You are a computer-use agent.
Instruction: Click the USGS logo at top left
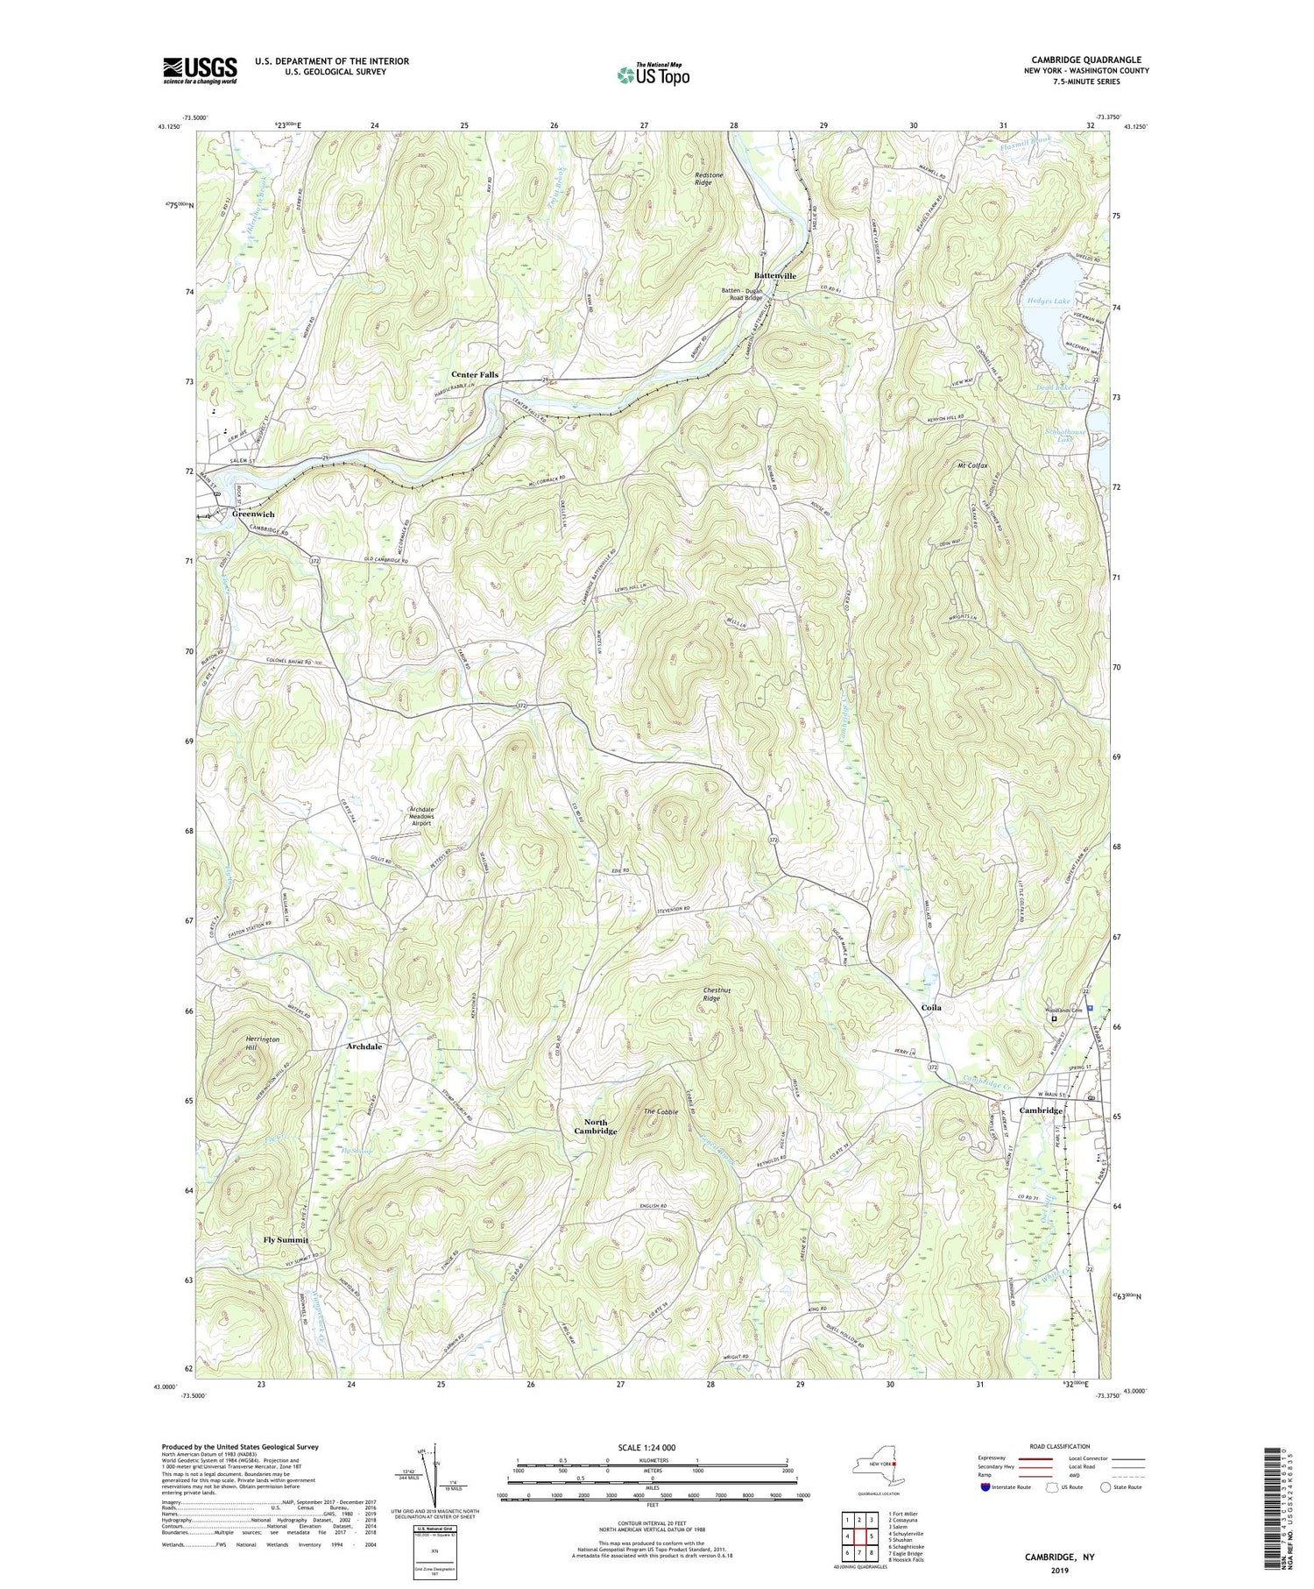pyautogui.click(x=200, y=70)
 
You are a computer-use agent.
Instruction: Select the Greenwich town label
pyautogui.click(x=253, y=514)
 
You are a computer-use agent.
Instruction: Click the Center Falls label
pyautogui.click(x=475, y=374)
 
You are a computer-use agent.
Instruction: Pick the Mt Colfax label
pyautogui.click(x=971, y=465)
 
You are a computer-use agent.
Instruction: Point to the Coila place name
pyautogui.click(x=930, y=1008)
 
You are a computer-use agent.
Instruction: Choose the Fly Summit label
pyautogui.click(x=286, y=1240)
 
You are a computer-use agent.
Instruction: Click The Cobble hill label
pyautogui.click(x=661, y=1112)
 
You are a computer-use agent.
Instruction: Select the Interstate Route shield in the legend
pyautogui.click(x=986, y=1487)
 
